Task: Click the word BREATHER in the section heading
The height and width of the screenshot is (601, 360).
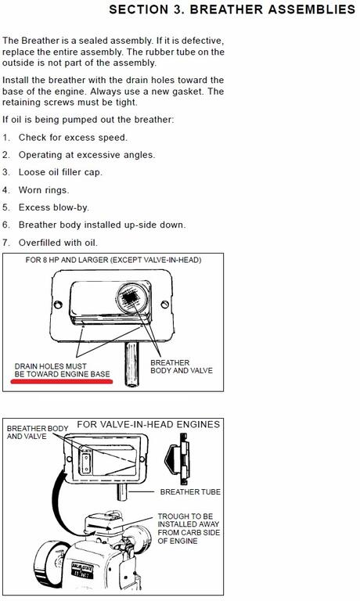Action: tap(227, 9)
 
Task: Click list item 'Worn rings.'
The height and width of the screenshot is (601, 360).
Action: tap(44, 190)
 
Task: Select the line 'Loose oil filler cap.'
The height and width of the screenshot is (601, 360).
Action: tap(60, 172)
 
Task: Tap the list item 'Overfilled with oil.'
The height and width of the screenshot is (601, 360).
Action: tap(58, 243)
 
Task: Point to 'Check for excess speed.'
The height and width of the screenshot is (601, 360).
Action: tap(73, 137)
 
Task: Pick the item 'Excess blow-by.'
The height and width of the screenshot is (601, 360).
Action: tap(54, 207)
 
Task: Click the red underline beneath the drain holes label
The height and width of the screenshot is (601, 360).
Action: tap(62, 381)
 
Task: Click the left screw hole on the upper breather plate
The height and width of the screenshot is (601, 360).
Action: tap(58, 304)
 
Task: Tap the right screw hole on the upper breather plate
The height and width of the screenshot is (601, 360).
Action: tap(165, 304)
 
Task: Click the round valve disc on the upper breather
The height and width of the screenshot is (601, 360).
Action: tap(132, 298)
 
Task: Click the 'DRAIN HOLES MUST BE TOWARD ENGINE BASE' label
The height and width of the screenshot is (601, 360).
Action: tap(62, 370)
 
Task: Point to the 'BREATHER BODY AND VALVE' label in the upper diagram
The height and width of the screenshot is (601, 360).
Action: tap(182, 366)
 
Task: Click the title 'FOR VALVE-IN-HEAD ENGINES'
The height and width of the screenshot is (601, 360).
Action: tap(149, 424)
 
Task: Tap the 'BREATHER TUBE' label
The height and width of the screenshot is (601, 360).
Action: tap(190, 491)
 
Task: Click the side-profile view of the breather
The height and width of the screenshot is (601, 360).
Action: tap(177, 459)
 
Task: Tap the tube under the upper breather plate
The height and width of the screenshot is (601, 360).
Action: tap(131, 365)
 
